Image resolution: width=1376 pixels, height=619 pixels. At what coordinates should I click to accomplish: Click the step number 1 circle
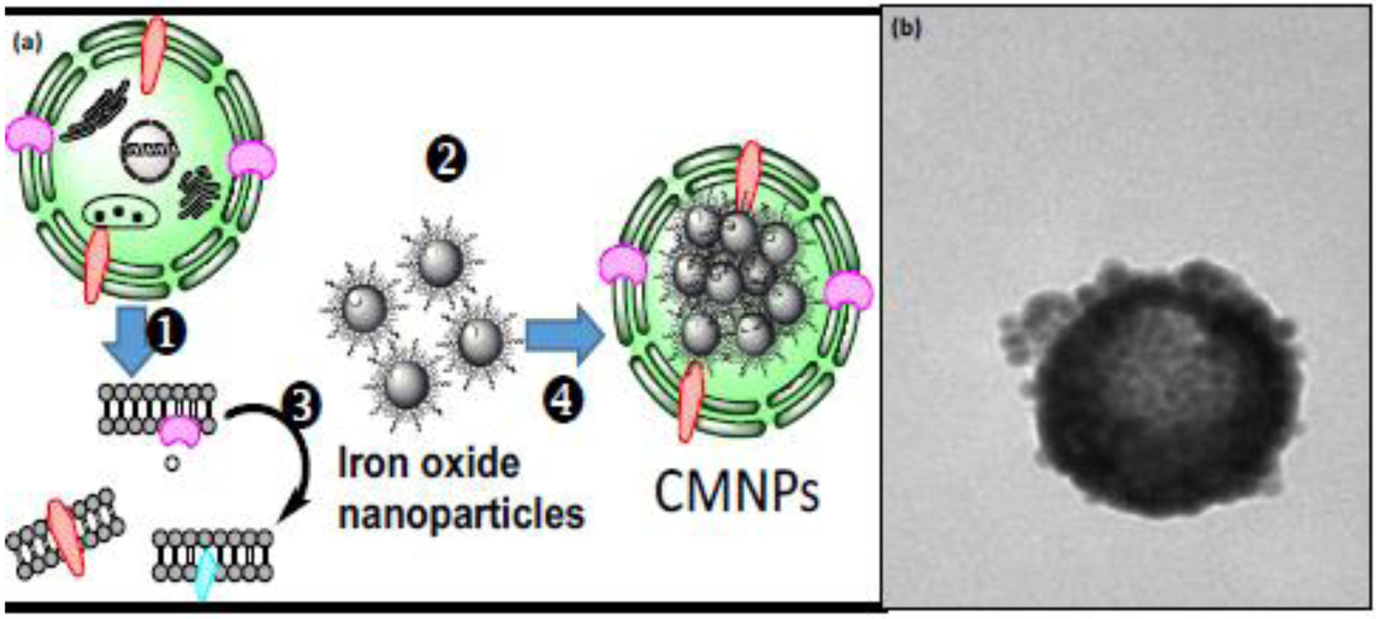pos(166,333)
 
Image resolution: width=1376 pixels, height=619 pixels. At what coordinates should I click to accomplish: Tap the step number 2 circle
pos(446,159)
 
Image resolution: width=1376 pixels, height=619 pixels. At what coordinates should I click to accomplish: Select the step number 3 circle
pos(301,406)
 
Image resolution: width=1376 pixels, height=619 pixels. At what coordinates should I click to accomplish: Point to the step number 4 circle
pos(562,400)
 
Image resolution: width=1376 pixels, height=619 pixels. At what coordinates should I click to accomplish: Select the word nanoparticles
pos(461,514)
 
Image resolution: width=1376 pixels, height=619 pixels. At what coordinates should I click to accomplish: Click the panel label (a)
pos(28,43)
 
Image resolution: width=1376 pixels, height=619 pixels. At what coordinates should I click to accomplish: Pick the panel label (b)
pos(905,29)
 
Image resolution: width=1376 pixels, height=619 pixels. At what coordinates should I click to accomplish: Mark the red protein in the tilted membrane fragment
pos(64,538)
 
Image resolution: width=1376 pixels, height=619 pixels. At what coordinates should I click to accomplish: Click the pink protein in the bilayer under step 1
pos(180,431)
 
